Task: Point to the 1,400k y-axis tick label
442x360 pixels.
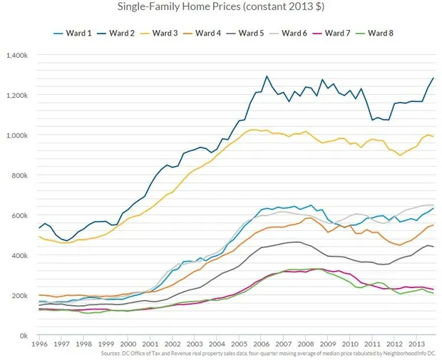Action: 16,55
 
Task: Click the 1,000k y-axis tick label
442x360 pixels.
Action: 16,135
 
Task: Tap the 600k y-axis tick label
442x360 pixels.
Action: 19,215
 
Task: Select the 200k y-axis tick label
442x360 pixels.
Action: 19,295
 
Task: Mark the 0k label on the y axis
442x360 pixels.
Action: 23,335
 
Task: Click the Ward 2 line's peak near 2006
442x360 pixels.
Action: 267,76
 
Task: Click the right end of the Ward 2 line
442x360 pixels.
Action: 433,78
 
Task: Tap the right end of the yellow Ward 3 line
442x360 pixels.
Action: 433,136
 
